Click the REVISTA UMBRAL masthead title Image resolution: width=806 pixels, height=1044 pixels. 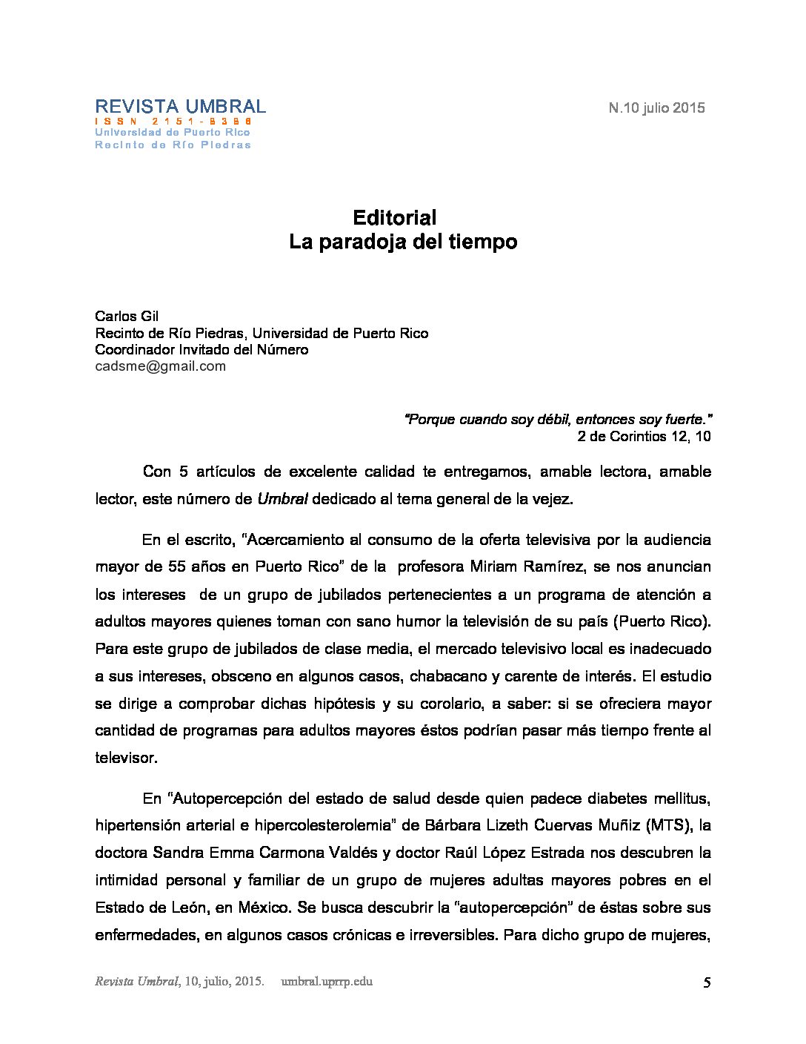(x=180, y=107)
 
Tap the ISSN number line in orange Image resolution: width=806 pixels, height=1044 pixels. (x=173, y=121)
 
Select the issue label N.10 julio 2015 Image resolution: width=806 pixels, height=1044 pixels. (x=656, y=108)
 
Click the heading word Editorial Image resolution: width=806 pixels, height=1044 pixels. (x=395, y=218)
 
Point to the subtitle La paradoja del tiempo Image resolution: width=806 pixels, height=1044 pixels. (x=403, y=242)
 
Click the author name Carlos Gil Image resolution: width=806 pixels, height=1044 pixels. (x=127, y=317)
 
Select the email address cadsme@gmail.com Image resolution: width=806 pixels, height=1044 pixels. (x=160, y=366)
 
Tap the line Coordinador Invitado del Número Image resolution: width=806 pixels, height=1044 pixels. (x=201, y=350)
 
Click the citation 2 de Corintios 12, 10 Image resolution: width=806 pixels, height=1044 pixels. (x=644, y=437)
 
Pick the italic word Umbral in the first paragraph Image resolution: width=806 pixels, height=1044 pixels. (x=282, y=500)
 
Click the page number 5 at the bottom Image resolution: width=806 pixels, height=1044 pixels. (x=707, y=983)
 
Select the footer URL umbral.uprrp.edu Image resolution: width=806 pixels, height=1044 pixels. (x=327, y=982)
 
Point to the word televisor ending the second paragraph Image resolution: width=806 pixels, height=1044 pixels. (x=125, y=759)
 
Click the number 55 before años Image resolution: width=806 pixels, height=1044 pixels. (x=176, y=567)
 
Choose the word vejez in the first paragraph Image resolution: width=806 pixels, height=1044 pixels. (x=552, y=500)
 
